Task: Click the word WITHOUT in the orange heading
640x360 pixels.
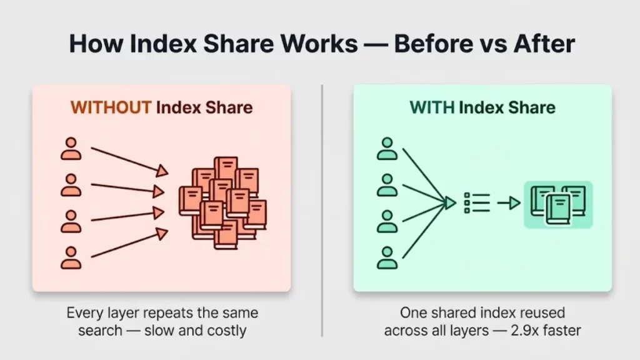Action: (111, 107)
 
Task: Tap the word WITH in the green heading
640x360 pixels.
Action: (432, 107)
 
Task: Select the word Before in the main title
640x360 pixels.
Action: (434, 43)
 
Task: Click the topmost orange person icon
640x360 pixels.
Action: (71, 149)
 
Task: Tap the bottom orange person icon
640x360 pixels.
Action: (71, 257)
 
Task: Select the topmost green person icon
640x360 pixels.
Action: (387, 149)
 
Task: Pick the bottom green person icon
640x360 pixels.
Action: (387, 257)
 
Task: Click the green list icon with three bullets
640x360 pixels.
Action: (477, 203)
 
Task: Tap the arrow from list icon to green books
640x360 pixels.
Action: (509, 203)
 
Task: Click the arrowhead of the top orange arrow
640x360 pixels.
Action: (162, 171)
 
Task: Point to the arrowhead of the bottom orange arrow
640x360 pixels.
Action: (162, 234)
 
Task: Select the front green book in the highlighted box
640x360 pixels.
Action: (558, 209)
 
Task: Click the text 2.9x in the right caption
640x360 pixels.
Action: (525, 330)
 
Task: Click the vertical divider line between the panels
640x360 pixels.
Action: (322, 211)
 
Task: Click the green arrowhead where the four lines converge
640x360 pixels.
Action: (450, 203)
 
